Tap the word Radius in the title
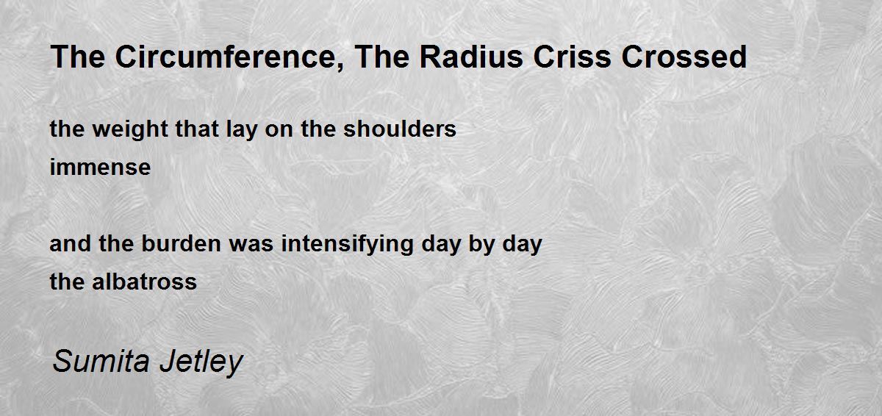(x=471, y=57)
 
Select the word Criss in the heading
(x=572, y=57)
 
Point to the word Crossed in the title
(x=684, y=57)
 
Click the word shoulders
(x=400, y=129)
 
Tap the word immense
(x=100, y=168)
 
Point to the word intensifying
(x=347, y=244)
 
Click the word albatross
(x=144, y=281)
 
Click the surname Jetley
(x=201, y=362)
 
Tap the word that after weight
(x=197, y=129)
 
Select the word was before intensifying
(x=251, y=245)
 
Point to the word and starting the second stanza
(x=71, y=243)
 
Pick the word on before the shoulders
(x=279, y=130)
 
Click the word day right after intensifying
(x=441, y=244)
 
